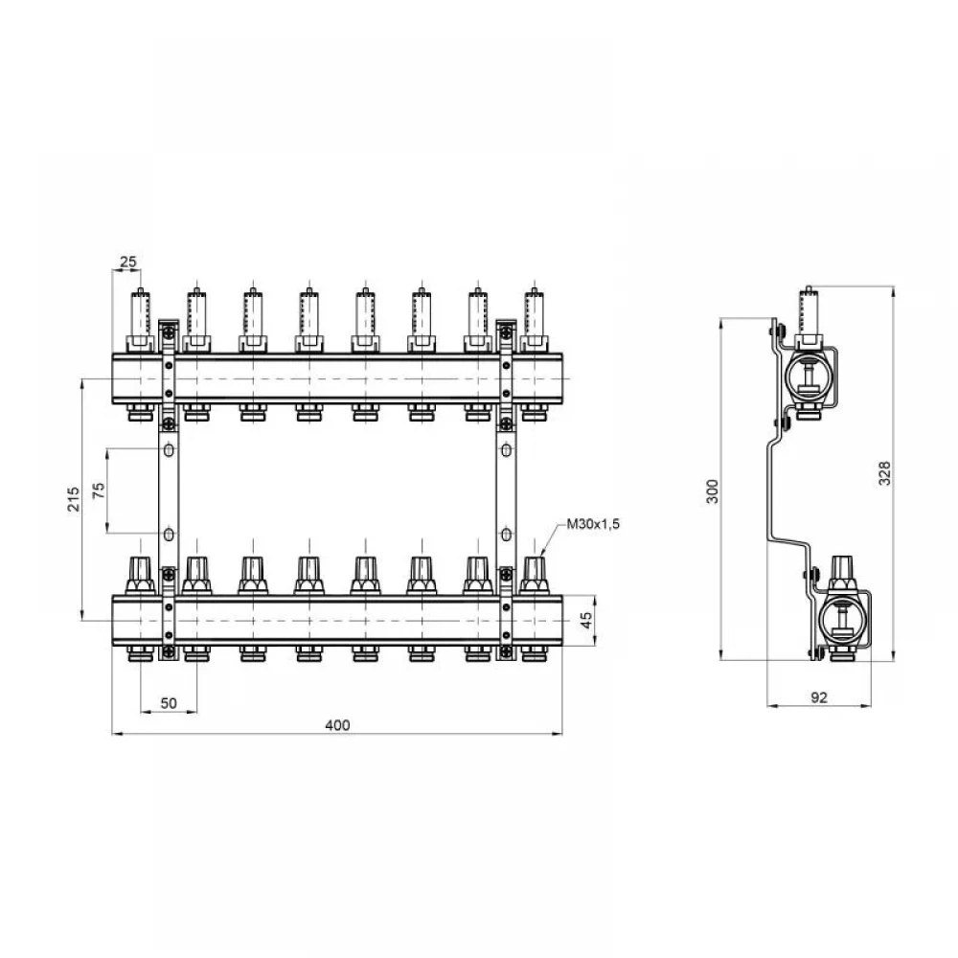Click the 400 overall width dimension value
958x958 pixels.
337,724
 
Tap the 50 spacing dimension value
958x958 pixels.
169,703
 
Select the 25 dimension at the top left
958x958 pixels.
128,262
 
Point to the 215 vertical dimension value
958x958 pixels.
74,499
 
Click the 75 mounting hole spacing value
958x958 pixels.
99,490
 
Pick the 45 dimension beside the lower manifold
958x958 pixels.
586,621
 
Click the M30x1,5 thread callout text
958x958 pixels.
593,524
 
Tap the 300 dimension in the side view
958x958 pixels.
713,491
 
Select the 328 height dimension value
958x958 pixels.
884,473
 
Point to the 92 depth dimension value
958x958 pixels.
819,697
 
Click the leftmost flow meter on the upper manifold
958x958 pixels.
141,320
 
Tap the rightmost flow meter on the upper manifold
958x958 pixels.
535,320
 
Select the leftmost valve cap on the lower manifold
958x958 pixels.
141,575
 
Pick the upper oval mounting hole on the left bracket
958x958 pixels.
169,450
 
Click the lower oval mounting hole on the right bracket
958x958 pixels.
506,535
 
